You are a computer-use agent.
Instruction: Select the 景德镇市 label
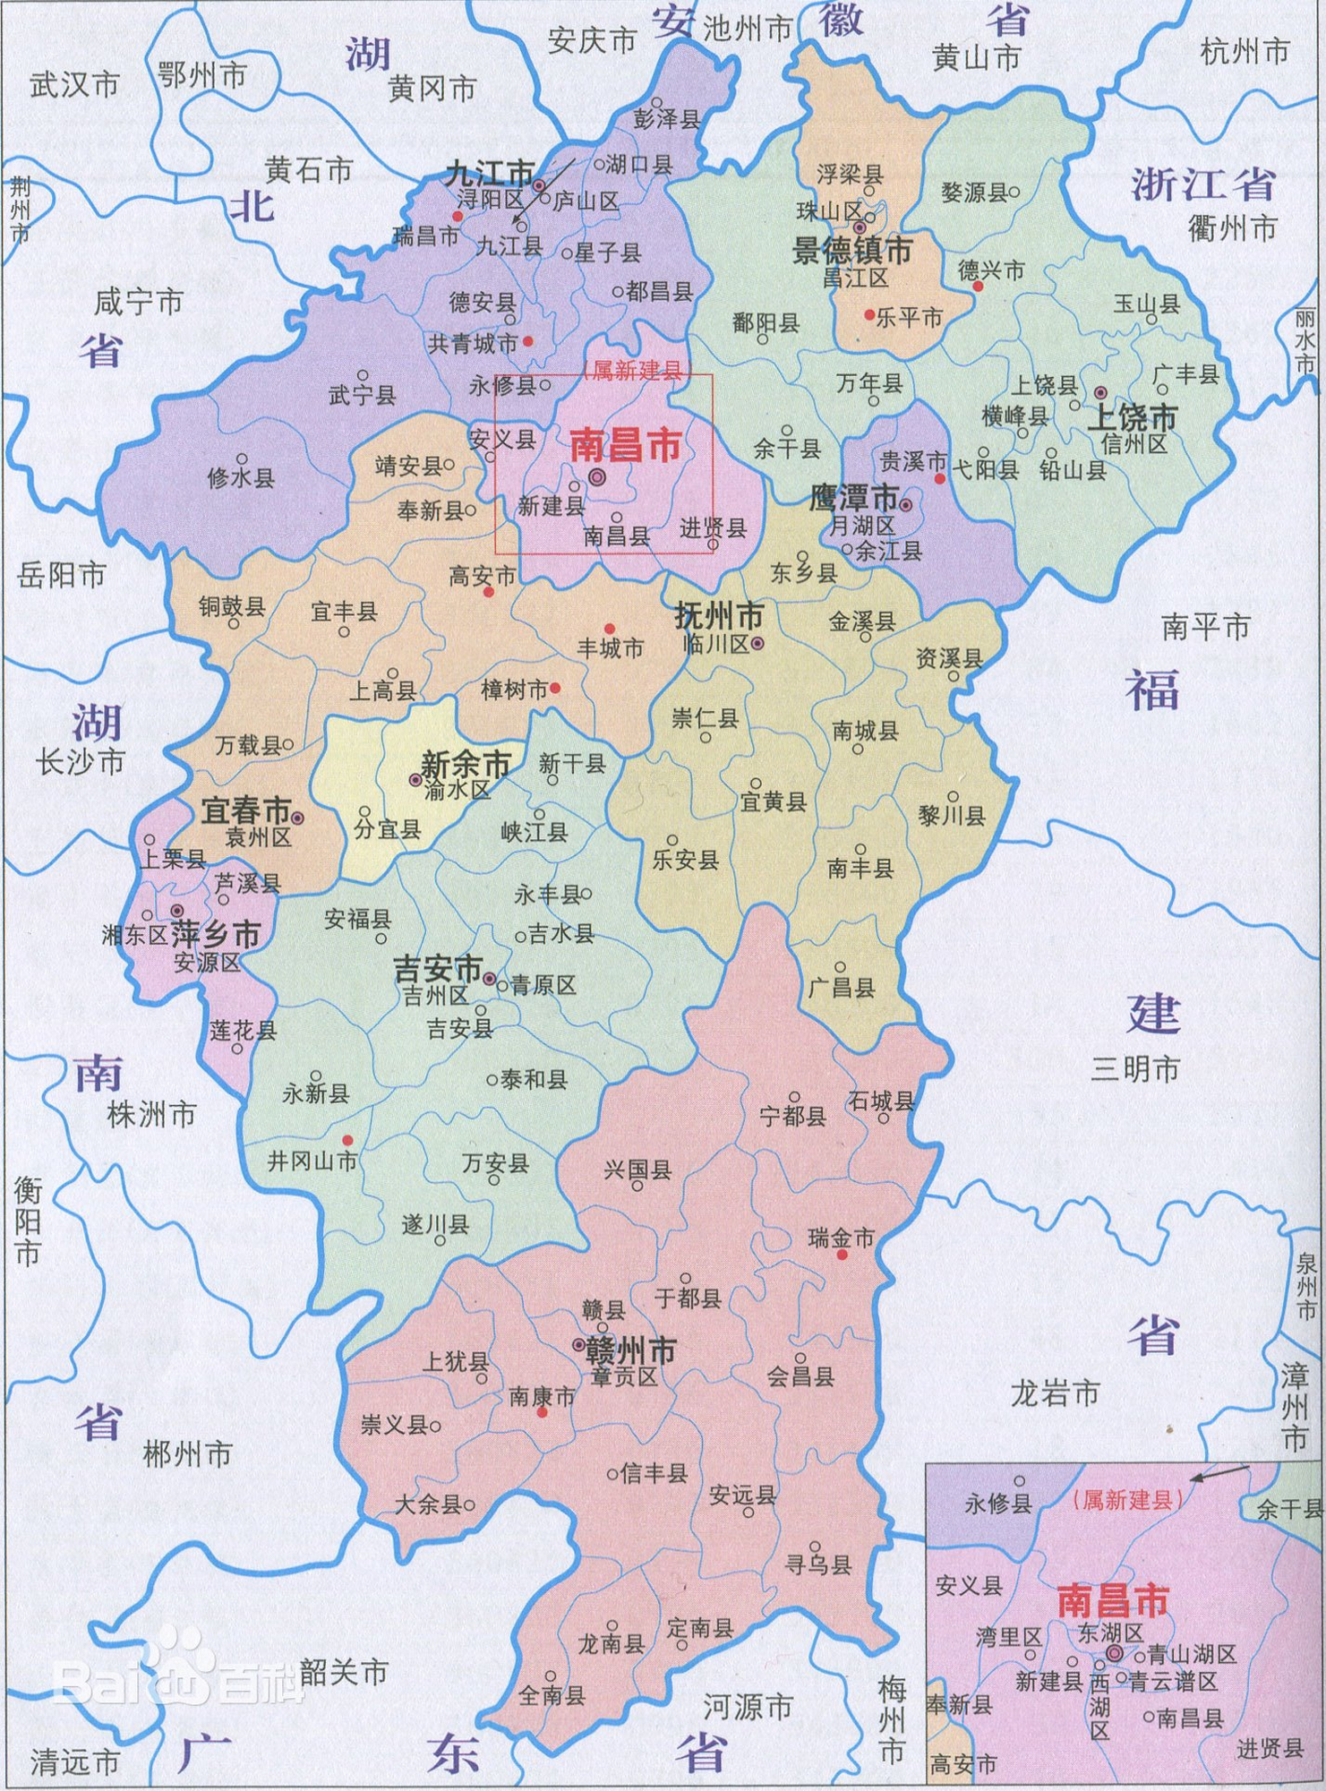[851, 251]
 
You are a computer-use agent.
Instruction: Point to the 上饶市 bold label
[1132, 417]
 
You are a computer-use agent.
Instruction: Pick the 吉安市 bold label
[439, 970]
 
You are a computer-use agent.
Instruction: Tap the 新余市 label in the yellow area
[466, 766]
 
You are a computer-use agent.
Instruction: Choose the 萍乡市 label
[216, 935]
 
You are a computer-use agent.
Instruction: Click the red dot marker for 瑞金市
[842, 1255]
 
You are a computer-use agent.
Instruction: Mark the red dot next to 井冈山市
[348, 1140]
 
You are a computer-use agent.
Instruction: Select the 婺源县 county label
[974, 193]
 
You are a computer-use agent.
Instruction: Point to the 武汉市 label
[74, 86]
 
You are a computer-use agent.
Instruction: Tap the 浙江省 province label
[1202, 184]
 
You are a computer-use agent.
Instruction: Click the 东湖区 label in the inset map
[1110, 1632]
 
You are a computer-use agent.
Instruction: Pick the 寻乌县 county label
[817, 1564]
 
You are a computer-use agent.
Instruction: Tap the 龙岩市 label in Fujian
[1054, 1393]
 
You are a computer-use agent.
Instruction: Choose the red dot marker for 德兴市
[979, 287]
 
